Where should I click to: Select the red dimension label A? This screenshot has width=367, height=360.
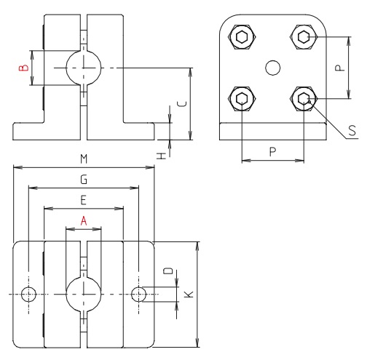(84, 219)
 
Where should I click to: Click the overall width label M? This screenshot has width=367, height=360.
(84, 159)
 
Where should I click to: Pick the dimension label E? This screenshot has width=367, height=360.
(84, 199)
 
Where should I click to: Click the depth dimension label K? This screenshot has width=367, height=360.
(188, 294)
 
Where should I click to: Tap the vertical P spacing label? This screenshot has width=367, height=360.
(337, 68)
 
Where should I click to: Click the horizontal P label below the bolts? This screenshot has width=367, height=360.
(272, 151)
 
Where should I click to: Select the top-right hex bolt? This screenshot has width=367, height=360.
(303, 36)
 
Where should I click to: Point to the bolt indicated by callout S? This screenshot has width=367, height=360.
(303, 99)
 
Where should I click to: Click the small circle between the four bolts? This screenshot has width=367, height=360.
(272, 68)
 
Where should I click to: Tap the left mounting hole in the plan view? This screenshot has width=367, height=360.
(28, 294)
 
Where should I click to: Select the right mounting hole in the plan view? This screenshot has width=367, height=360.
(139, 294)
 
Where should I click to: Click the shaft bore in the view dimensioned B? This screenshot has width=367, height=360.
(84, 68)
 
